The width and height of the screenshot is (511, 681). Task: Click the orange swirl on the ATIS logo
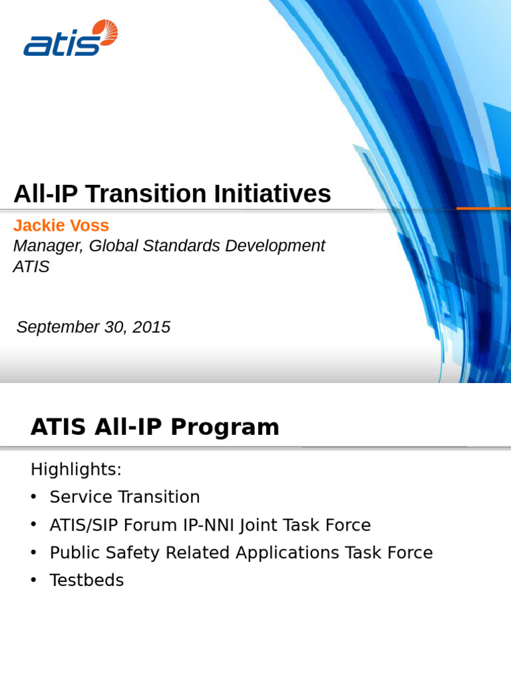click(104, 32)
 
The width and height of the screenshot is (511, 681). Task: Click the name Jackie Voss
click(61, 225)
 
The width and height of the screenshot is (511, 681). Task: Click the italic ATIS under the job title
click(31, 267)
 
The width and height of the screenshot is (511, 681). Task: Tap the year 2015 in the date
click(152, 327)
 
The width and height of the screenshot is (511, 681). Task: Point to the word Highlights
click(76, 470)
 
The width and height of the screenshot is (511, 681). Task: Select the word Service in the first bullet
click(76, 497)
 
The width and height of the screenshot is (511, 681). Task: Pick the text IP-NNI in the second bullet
click(208, 525)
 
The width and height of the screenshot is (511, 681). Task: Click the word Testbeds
click(86, 581)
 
